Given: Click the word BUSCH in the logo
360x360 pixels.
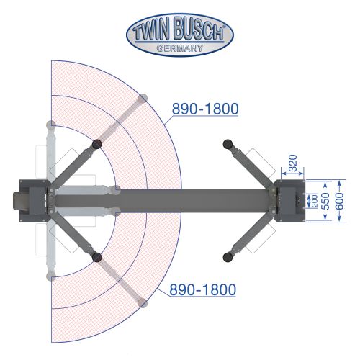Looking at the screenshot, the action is coord(199,30).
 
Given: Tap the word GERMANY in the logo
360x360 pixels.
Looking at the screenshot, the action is coord(180,48).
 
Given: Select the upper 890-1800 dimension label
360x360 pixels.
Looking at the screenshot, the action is coord(205,109).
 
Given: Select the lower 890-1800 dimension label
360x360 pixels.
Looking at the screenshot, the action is coord(203,289).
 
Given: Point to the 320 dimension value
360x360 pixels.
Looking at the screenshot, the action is coord(292,163).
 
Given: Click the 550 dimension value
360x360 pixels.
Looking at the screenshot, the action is coord(326,201).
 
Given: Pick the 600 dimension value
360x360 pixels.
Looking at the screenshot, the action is coord(340,201).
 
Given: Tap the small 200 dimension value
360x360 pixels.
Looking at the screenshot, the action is coord(314,201).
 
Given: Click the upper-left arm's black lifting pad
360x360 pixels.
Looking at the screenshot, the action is coord(96,144).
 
